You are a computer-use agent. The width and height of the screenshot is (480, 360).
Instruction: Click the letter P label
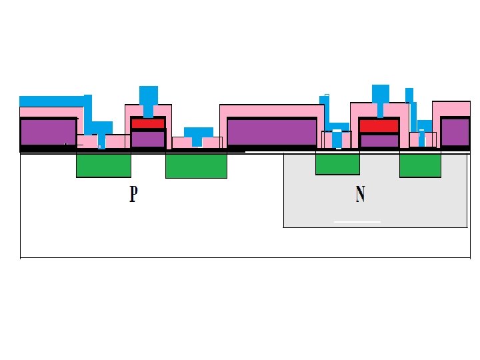click(134, 194)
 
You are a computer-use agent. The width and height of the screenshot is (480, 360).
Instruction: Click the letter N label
click(360, 194)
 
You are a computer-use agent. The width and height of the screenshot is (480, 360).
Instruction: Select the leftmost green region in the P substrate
click(103, 165)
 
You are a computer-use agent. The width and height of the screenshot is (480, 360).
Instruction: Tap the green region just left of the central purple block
click(196, 165)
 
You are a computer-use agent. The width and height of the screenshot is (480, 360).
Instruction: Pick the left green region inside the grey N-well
click(337, 163)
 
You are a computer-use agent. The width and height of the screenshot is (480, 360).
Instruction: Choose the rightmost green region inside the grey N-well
click(420, 165)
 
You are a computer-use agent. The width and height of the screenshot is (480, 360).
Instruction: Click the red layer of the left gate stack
click(148, 123)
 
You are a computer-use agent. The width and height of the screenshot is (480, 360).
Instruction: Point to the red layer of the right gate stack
click(379, 125)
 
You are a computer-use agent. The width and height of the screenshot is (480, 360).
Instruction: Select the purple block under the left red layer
click(148, 139)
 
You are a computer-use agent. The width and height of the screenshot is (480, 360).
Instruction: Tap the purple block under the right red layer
click(379, 141)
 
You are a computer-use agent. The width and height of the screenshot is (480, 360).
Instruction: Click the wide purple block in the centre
click(271, 131)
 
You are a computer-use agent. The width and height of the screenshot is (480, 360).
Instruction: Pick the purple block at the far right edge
click(455, 131)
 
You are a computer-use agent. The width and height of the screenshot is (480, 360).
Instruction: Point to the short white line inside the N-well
click(357, 221)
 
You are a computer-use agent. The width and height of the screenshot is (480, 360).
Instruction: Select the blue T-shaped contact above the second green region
click(198, 134)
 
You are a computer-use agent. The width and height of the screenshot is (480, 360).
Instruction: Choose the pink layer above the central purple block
click(271, 111)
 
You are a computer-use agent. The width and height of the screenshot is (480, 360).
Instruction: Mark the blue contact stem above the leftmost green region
click(102, 139)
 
